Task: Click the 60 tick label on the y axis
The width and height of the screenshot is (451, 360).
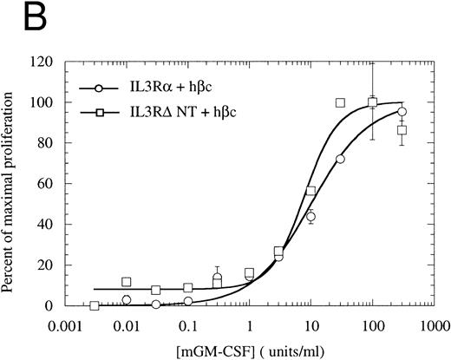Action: [54, 184]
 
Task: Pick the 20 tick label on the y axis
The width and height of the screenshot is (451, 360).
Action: [54, 265]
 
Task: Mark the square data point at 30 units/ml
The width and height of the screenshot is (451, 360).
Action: [341, 103]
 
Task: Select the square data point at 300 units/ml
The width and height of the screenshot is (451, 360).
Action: [402, 130]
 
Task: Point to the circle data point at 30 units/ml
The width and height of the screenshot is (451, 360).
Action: [340, 160]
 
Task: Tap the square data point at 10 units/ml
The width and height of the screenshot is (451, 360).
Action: [310, 191]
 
